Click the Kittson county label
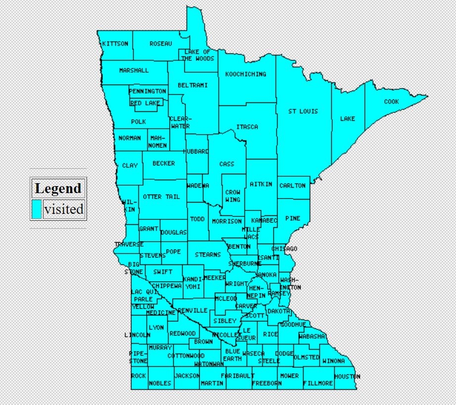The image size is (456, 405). tap(115, 44)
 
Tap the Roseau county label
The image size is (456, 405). tap(161, 44)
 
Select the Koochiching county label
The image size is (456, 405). tap(245, 74)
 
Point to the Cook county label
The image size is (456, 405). tap(391, 102)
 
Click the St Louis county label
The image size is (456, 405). tap(303, 111)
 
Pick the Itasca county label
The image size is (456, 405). tap(247, 127)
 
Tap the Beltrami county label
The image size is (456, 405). tap(192, 85)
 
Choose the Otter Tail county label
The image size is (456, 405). tap(161, 197)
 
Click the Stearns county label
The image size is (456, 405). tap(208, 254)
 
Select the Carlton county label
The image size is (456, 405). tap(292, 186)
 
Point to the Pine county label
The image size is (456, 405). tap(292, 218)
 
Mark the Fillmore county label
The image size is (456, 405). tap(318, 383)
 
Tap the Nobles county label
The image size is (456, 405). tap(160, 383)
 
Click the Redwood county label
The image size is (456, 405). tap(182, 333)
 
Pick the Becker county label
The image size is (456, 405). tap(163, 163)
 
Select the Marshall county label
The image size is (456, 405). tap(134, 70)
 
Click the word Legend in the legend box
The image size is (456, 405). tap(58, 189)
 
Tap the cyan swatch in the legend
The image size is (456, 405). tap(37, 209)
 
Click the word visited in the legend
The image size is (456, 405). tap(63, 209)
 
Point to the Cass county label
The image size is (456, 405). tap(227, 164)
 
